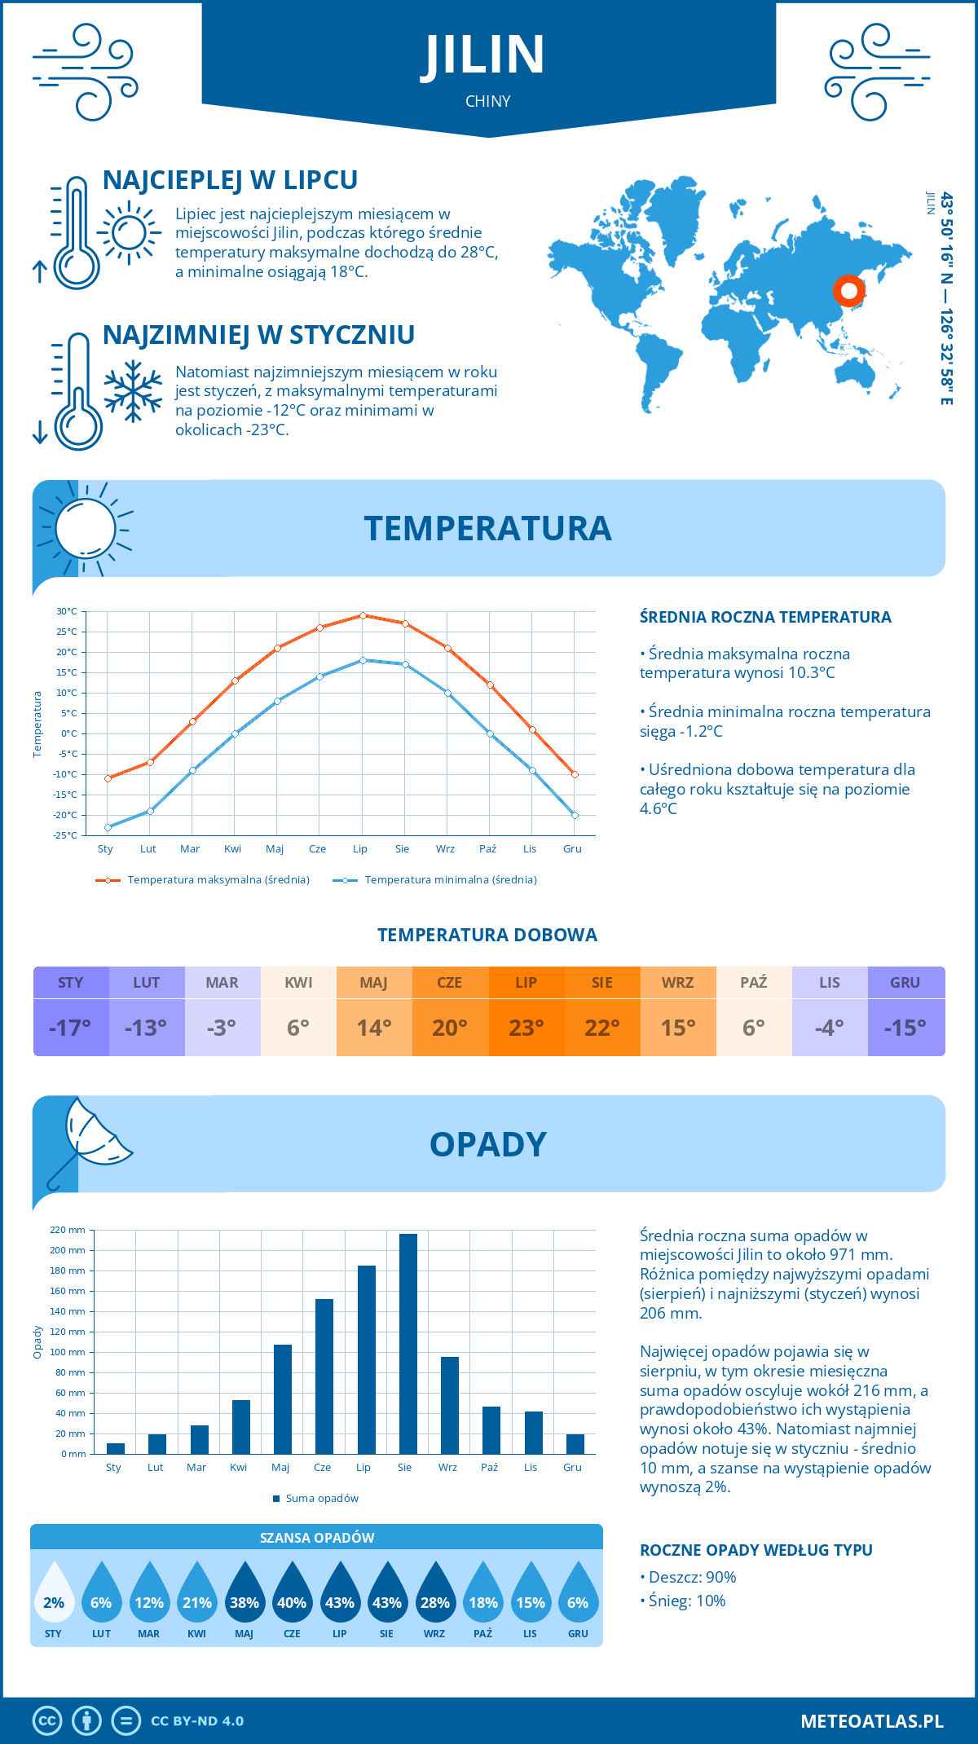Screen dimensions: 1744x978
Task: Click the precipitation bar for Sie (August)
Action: pyautogui.click(x=408, y=1345)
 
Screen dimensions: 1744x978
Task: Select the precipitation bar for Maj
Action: pyautogui.click(x=283, y=1399)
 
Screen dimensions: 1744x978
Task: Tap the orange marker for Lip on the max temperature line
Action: pyautogui.click(x=363, y=615)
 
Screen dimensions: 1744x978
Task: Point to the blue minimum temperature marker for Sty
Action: pyautogui.click(x=108, y=827)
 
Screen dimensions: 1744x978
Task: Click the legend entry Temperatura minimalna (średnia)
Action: pyautogui.click(x=436, y=880)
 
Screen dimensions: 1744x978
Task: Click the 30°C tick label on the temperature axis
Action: pyautogui.click(x=67, y=611)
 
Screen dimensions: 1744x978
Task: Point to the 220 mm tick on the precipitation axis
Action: pyautogui.click(x=68, y=1230)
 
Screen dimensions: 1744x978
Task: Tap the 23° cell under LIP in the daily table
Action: pyautogui.click(x=526, y=1028)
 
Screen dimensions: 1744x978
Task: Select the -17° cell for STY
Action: pyautogui.click(x=70, y=1028)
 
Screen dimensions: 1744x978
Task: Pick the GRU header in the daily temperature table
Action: pyautogui.click(x=905, y=983)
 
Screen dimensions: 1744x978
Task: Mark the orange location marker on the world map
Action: pyautogui.click(x=848, y=290)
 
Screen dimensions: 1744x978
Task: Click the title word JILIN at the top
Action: pyautogui.click(x=484, y=55)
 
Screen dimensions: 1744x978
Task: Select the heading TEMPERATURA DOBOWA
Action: pyautogui.click(x=487, y=935)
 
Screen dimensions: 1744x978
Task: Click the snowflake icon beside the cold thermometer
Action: pyautogui.click(x=133, y=391)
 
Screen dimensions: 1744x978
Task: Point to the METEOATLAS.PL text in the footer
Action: pyautogui.click(x=872, y=1721)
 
